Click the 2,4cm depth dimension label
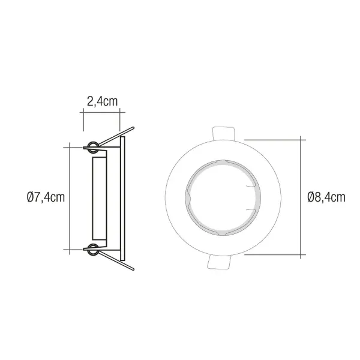(102, 101)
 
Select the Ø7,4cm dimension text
(45, 197)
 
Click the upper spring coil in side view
(93, 146)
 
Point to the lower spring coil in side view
(93, 248)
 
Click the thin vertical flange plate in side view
(123, 197)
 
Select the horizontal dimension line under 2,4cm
(102, 110)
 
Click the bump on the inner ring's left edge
(188, 197)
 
